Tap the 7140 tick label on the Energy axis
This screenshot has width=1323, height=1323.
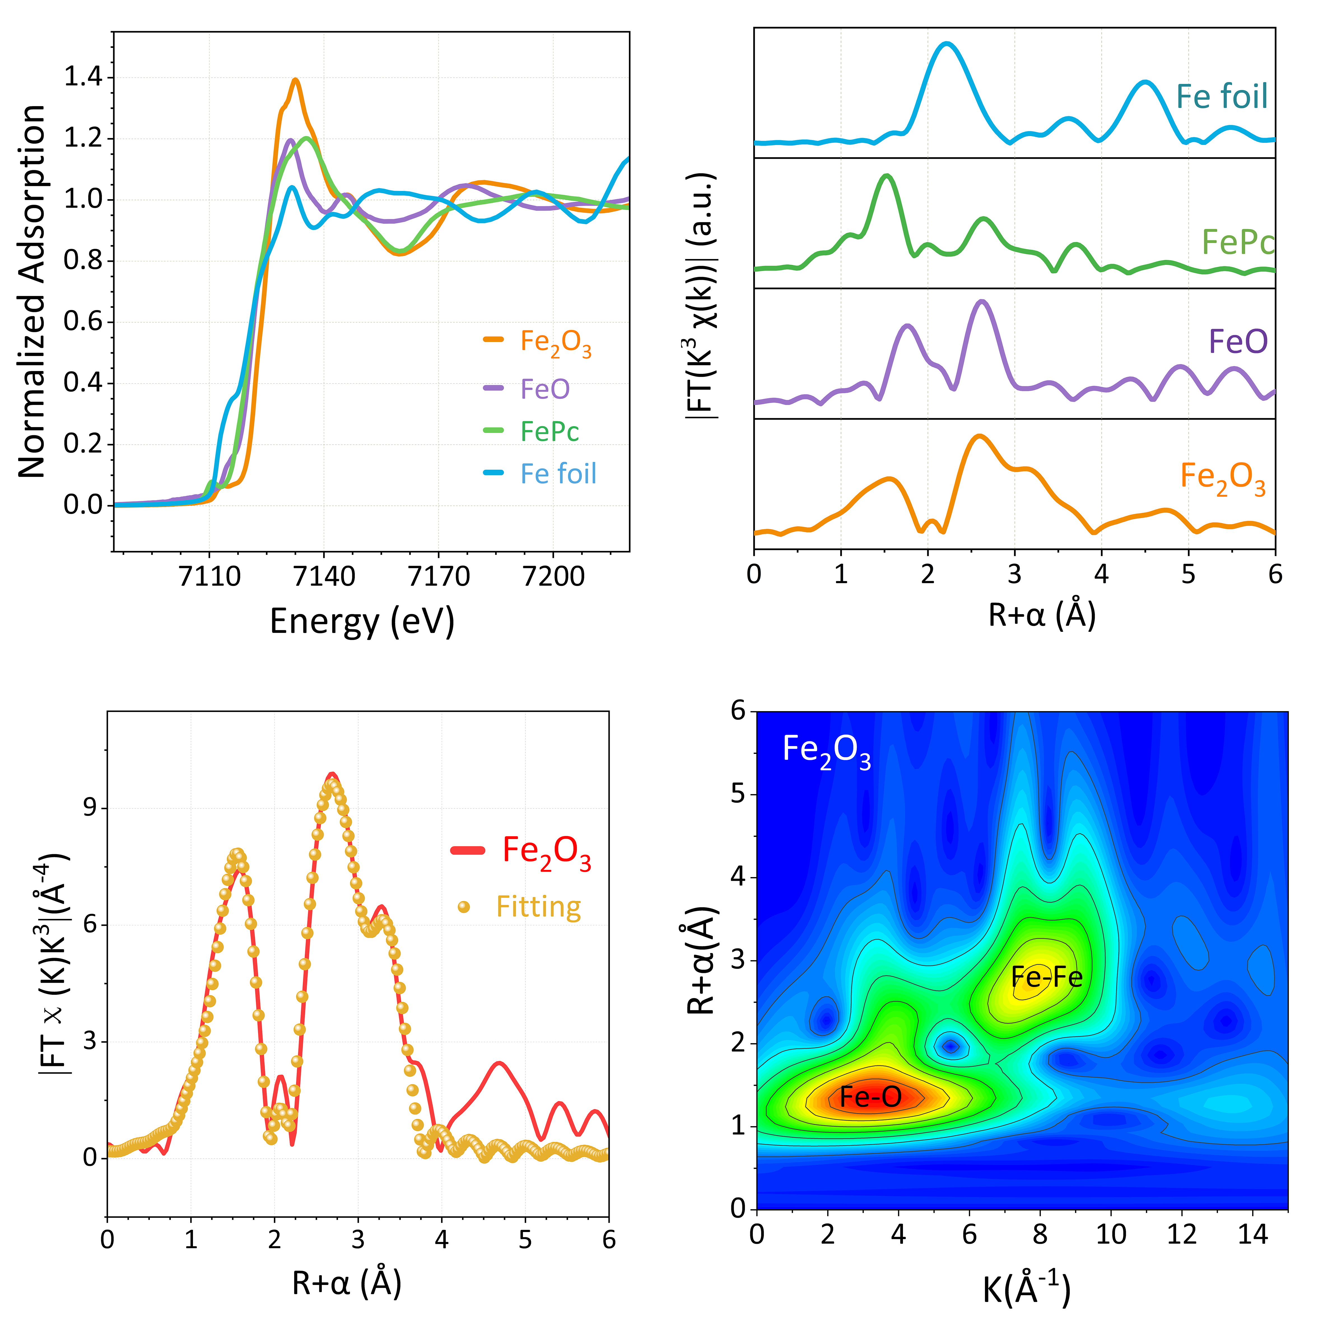[x=324, y=577]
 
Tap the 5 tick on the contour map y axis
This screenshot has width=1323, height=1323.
[x=737, y=794]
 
